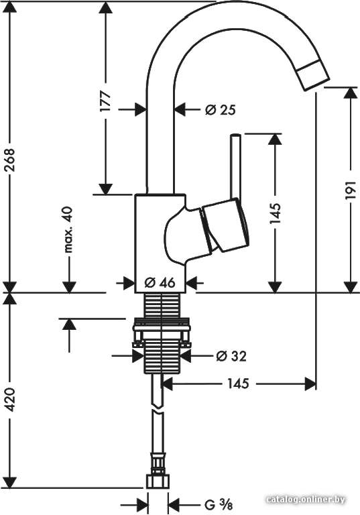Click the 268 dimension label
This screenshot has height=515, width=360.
click(x=11, y=160)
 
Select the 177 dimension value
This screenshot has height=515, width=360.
click(x=106, y=101)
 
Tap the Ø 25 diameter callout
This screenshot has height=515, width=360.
click(x=221, y=110)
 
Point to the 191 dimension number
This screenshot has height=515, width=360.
click(x=351, y=190)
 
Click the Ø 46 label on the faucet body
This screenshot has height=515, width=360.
click(x=160, y=282)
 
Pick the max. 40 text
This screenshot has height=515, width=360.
click(x=68, y=229)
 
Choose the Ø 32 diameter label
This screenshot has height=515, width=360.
click(x=231, y=355)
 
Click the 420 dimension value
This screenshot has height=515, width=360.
click(x=11, y=400)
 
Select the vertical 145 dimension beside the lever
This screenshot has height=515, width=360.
click(x=276, y=213)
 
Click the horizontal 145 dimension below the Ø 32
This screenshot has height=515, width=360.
click(x=238, y=384)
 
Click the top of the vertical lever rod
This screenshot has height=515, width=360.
click(x=236, y=134)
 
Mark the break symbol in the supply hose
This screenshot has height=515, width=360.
click(x=158, y=409)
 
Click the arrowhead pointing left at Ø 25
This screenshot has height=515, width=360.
click(x=180, y=109)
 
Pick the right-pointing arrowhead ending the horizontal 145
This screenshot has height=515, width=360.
click(x=310, y=384)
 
